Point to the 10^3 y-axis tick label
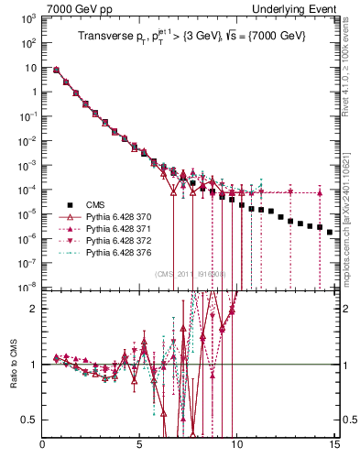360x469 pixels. tap(27, 18)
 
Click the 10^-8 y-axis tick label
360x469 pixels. tap(27, 288)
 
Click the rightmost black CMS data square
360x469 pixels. tap(330, 233)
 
